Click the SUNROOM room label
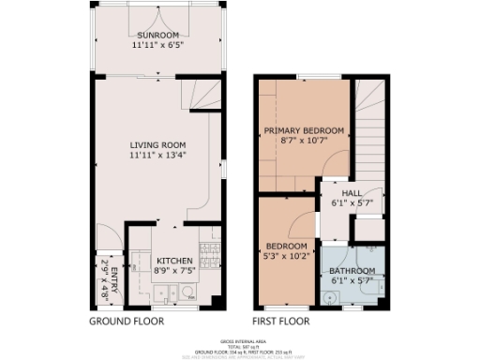point(158,34)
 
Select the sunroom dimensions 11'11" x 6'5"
point(158,44)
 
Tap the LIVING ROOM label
point(158,144)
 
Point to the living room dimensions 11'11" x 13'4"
point(158,156)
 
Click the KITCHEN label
point(173,260)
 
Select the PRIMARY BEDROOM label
point(304,130)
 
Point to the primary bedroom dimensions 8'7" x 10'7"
point(304,142)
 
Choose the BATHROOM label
point(352,272)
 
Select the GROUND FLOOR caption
point(127,321)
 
